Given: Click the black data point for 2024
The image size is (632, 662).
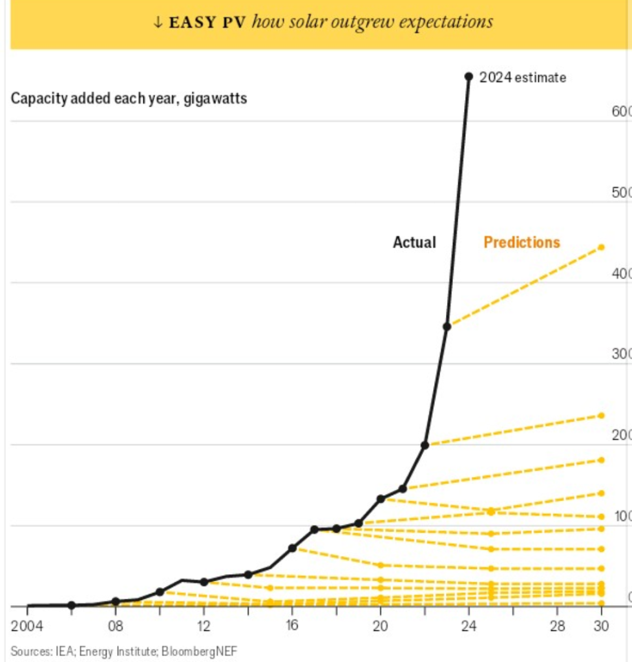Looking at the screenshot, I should pos(469,76).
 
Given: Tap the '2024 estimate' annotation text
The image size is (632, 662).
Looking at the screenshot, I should pos(523,78).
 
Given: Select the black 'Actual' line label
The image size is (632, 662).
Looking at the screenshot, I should pos(414,242).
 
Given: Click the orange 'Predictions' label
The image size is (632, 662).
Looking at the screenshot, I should pos(521,242).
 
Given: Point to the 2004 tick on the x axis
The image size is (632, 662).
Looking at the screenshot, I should pos(27,626).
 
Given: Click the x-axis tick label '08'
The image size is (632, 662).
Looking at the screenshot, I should pos(116,626).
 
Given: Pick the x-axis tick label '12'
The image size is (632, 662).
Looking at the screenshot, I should pos(204,626).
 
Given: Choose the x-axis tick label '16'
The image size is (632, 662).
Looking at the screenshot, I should pos(292,626).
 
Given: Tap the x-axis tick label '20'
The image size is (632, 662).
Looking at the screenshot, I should pos(381,626).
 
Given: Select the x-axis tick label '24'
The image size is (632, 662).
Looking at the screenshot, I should pos(469,626).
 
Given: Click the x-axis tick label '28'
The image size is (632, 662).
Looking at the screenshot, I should pos(557,626).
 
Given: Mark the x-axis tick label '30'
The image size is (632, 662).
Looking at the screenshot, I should pos(601,626).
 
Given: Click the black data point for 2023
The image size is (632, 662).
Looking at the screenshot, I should pos(447,326).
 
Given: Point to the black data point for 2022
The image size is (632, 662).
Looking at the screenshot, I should pos(425,445).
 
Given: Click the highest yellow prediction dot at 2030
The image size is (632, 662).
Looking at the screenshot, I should pos(601,247).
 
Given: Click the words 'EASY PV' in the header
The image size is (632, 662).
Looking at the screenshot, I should pos(208,23).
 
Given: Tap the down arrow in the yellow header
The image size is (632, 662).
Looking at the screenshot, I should pos(157,23).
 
